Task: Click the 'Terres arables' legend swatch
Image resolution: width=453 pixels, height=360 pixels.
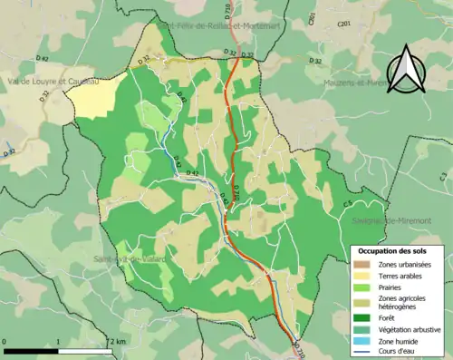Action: point(362,276)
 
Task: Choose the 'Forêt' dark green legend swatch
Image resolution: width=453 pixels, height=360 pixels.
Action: point(362,319)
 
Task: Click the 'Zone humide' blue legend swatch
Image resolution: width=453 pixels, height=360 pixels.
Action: point(362,341)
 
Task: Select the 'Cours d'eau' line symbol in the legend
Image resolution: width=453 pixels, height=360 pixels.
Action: point(362,351)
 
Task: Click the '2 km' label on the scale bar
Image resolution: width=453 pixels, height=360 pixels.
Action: point(117,340)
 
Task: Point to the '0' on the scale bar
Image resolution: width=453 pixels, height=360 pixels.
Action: point(6,340)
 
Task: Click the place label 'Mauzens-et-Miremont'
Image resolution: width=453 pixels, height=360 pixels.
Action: point(358,83)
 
